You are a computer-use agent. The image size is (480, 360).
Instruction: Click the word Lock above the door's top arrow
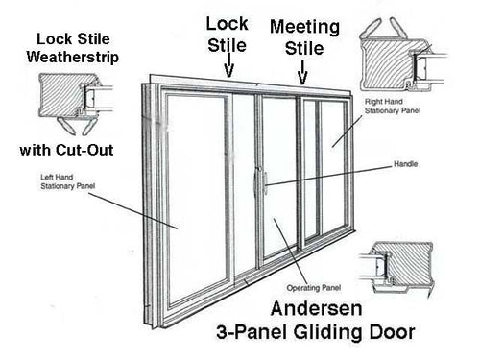(228, 23)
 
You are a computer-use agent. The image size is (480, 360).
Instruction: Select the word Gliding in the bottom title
(353, 334)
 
